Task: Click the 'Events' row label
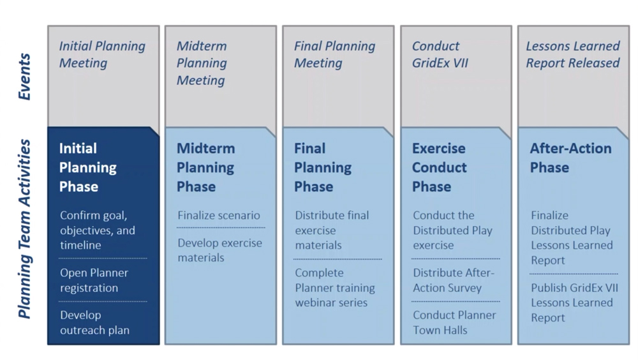[x=24, y=77]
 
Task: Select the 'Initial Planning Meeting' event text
[x=102, y=54]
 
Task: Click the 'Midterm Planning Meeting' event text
[x=201, y=63]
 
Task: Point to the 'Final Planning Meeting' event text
[x=334, y=54]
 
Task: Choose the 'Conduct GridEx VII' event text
[x=440, y=54]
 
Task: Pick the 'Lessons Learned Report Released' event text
[x=572, y=54]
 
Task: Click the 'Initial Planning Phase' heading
[x=88, y=167]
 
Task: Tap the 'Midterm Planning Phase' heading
[x=205, y=167]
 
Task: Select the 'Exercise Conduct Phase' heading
[x=439, y=167]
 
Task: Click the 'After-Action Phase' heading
[x=570, y=158]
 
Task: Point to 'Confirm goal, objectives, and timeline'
[x=97, y=230]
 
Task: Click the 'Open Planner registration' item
[x=94, y=280]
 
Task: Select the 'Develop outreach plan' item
[x=94, y=322]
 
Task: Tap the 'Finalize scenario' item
[x=219, y=216]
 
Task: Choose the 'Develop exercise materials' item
[x=219, y=250]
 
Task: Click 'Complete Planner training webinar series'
[x=334, y=287]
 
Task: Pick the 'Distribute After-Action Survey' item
[x=454, y=280]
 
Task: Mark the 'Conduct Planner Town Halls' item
[x=454, y=322]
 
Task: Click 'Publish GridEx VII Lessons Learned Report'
[x=572, y=303]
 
